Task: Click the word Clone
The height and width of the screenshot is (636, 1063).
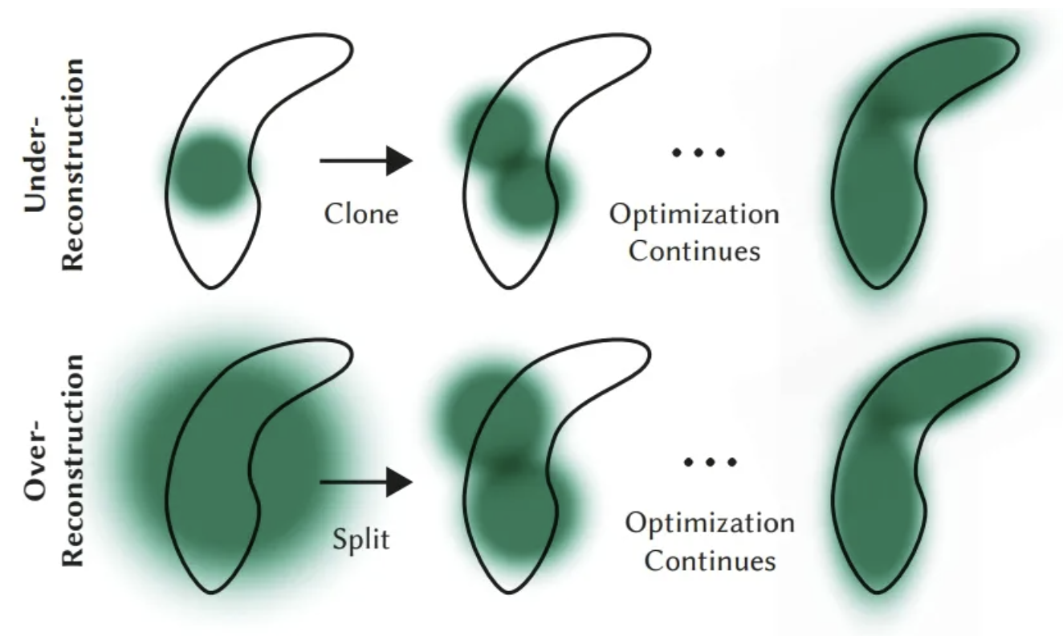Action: (361, 214)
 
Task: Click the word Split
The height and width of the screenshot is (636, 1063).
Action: (361, 539)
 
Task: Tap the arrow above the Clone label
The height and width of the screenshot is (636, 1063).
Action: (366, 161)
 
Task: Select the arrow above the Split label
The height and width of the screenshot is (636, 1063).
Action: (366, 483)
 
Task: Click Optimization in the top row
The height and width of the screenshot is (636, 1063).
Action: (694, 215)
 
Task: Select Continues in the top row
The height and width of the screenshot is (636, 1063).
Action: (694, 251)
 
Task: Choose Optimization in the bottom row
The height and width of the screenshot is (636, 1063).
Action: (710, 524)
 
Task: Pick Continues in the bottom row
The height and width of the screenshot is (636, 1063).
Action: (710, 561)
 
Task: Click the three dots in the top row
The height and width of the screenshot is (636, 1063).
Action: (698, 153)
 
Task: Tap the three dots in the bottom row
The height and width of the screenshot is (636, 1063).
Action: (710, 462)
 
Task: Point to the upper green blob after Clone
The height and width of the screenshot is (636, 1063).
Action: (496, 129)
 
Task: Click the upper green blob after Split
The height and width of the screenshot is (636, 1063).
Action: (494, 414)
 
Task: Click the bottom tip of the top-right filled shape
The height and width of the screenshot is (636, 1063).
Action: (877, 287)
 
